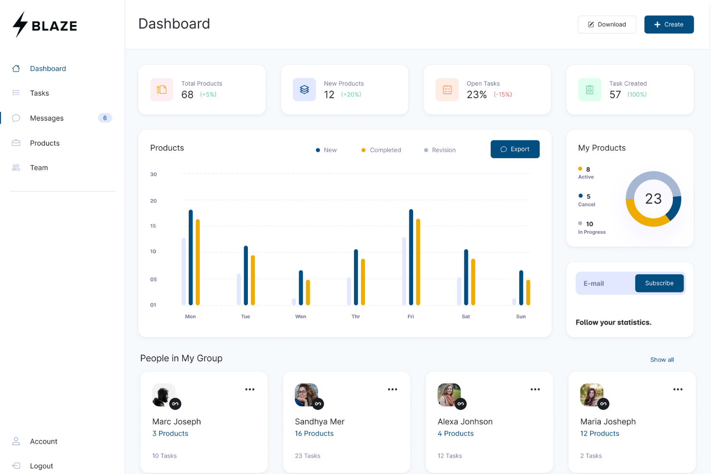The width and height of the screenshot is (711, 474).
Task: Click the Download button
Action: coord(607,24)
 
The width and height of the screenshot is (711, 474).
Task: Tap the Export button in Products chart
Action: coord(515,149)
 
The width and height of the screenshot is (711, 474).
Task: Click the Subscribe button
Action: coord(659,283)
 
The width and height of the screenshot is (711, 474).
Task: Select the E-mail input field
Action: coord(605,283)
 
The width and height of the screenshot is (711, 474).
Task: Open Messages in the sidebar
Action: coord(47,118)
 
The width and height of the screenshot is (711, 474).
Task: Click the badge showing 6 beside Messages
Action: coord(105,118)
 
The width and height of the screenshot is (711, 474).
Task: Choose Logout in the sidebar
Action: coord(41,466)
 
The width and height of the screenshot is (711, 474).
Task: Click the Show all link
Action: coord(662,360)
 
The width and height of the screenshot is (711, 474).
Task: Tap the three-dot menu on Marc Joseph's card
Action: coord(250,389)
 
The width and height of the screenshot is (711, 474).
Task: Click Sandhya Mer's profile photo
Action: coord(306,395)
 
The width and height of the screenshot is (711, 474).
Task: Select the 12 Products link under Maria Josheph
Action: coord(600,434)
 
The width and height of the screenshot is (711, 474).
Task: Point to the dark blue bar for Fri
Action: coord(411,257)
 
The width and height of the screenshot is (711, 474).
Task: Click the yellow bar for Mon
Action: coord(197,262)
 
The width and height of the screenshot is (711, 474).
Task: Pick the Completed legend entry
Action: coord(381,150)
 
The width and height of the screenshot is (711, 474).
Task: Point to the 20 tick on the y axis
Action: coord(153,201)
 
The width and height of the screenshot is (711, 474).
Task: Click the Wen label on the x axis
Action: coord(300,316)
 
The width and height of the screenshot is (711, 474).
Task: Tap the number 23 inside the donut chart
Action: coord(653,199)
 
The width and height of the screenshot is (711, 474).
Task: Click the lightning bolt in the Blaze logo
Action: coord(20,24)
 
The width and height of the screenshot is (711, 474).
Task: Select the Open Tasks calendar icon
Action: coord(447,90)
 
